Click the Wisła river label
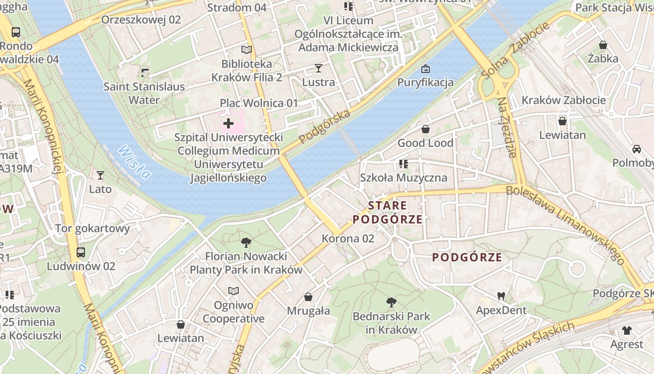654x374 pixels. tap(135, 162)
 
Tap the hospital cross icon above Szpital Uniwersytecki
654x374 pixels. tap(228, 123)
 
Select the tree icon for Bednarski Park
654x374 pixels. tap(391, 302)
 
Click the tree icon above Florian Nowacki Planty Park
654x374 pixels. tap(246, 242)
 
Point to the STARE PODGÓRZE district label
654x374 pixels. tap(387, 212)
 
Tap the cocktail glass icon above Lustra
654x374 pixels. tap(319, 68)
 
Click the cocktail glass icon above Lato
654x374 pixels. tap(100, 175)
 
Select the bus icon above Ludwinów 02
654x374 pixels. tap(81, 252)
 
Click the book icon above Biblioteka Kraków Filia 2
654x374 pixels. tap(247, 50)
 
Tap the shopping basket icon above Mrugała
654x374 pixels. tap(308, 297)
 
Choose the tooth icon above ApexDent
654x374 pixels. tap(501, 296)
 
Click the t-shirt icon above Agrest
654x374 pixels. tap(626, 331)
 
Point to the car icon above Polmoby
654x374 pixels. tap(636, 149)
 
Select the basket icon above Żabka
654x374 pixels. tap(603, 45)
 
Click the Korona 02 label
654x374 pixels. tap(348, 238)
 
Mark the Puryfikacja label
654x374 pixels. tap(425, 83)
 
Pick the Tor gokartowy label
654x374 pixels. tap(92, 229)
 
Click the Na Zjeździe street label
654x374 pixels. tap(506, 127)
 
